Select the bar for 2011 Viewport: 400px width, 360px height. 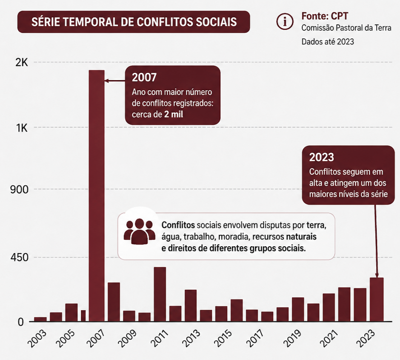coord(160,294)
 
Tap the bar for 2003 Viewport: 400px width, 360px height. coord(40,319)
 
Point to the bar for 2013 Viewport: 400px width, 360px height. coord(190,305)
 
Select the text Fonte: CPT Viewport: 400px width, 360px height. coord(325,16)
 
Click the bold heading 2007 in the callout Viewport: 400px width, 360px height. coord(144,78)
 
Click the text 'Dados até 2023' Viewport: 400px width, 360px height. coord(328,42)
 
